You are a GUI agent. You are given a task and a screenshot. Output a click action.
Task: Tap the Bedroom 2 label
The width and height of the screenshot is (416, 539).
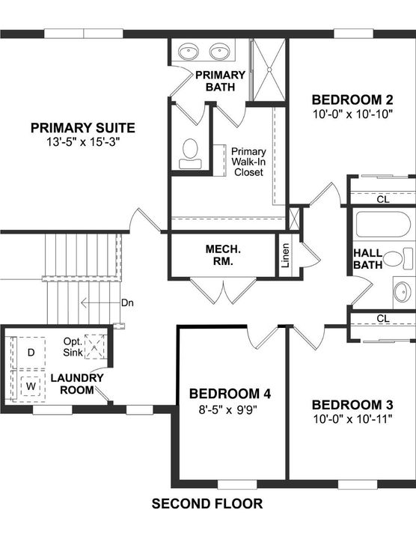(352, 100)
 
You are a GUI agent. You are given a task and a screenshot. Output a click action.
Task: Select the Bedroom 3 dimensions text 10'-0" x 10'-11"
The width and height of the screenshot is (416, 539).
(352, 418)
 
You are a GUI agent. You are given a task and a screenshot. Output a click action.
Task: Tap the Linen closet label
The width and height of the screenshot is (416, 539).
(285, 255)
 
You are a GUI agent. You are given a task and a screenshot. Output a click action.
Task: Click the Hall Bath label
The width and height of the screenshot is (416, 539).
(367, 257)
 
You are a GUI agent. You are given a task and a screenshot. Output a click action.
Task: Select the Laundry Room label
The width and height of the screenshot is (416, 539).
(77, 383)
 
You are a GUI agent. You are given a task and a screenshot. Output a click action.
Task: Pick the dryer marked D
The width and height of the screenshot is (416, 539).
(31, 352)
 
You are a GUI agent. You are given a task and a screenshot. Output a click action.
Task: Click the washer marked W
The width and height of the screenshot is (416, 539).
(31, 386)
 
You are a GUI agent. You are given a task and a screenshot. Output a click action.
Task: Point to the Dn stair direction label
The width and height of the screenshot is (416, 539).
(128, 303)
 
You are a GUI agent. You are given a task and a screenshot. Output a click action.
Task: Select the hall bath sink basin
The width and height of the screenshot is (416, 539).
(403, 290)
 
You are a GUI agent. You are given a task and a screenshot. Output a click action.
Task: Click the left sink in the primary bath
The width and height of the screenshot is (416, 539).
(187, 52)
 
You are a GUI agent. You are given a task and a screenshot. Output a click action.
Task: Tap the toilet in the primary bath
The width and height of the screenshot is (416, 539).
(189, 150)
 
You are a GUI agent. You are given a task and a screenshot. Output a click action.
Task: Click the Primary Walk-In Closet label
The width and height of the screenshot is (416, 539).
(249, 161)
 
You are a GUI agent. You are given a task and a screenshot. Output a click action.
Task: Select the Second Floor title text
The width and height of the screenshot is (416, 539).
(207, 504)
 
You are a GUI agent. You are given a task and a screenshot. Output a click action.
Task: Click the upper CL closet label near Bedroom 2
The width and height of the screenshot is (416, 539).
(383, 200)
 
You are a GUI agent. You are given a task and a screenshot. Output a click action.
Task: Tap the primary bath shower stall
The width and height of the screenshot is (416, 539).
(268, 67)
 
